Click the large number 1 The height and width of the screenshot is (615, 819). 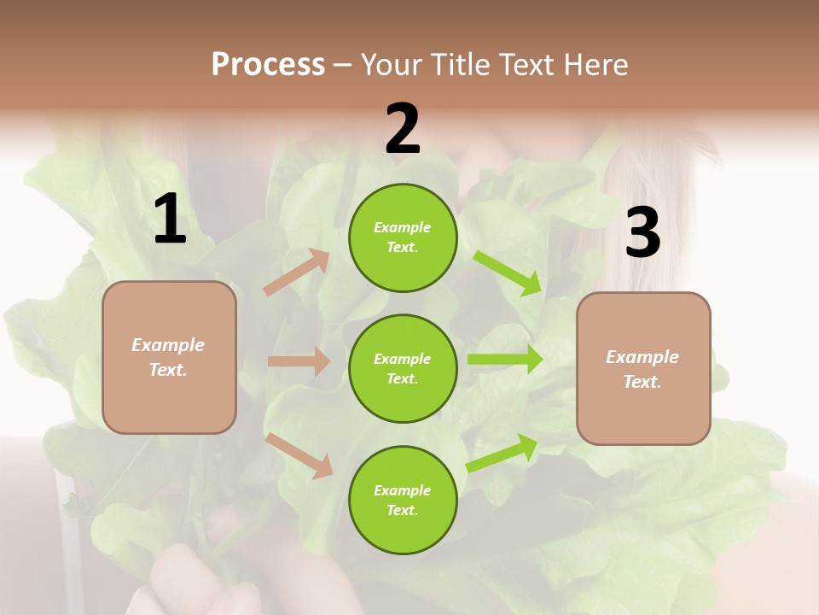coord(170,220)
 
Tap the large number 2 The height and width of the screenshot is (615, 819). coord(403,129)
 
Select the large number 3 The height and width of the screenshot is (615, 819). coord(642,233)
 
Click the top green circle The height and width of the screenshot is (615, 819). coord(403,237)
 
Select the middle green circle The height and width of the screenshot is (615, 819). coord(403,368)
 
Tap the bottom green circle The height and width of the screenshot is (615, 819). coord(403,500)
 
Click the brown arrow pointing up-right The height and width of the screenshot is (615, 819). coord(296,272)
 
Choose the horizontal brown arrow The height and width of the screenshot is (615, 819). coord(299,361)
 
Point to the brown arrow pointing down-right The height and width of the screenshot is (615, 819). coord(299,454)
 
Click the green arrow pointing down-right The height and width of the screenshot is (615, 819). coord(508,272)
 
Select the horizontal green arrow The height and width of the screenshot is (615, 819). coord(505,360)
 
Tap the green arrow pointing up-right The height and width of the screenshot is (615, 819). coord(502,454)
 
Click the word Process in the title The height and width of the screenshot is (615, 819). coord(268,64)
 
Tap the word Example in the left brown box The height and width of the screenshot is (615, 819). coord(168,345)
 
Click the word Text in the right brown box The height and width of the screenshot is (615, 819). coord(641,382)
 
